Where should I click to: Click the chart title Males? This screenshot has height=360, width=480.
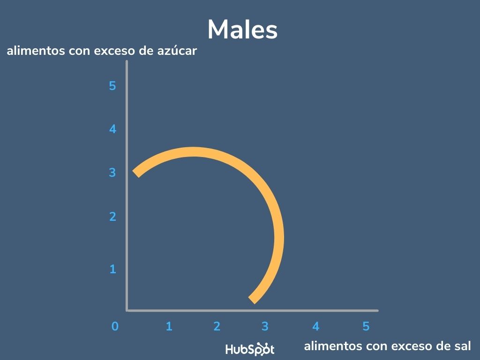[242, 30]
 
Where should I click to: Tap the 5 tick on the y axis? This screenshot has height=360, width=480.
[112, 86]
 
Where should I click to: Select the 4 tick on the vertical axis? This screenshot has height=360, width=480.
[112, 129]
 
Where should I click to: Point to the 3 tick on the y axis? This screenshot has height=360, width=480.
[112, 172]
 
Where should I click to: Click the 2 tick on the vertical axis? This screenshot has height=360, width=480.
[112, 217]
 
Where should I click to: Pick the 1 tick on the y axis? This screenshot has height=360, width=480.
[112, 270]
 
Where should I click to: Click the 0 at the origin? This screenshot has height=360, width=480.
[115, 326]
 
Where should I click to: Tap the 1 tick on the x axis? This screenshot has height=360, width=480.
[169, 326]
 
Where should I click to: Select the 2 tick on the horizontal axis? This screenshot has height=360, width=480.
[217, 326]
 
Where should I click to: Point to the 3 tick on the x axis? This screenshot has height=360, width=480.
[265, 326]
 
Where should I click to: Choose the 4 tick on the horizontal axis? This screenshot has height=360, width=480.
[316, 326]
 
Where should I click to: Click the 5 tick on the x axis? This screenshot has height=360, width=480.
[366, 326]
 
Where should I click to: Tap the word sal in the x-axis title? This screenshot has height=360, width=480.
[461, 346]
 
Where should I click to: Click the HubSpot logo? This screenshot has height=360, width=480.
[250, 349]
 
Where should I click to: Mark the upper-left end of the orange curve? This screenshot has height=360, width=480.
[136, 173]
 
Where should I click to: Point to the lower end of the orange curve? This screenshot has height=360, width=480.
[252, 300]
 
